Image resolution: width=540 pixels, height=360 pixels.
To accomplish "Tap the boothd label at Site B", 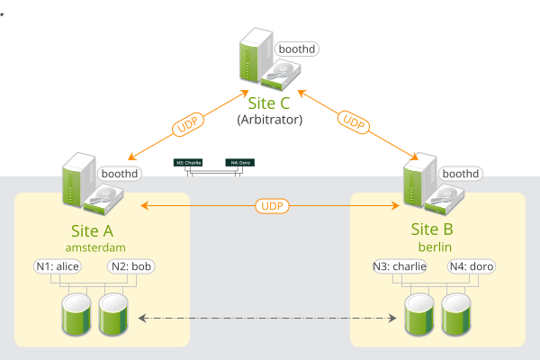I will (x=460, y=173).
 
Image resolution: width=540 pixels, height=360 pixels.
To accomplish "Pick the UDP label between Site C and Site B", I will (x=353, y=120).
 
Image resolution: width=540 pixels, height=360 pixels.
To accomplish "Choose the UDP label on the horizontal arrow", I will (x=271, y=206).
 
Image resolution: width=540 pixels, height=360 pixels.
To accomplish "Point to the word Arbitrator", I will (x=270, y=119).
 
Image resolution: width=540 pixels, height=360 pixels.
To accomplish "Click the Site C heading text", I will (x=270, y=103).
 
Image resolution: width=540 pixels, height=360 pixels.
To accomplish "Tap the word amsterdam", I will (x=94, y=246).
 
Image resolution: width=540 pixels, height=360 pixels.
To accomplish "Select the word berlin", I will (x=438, y=246).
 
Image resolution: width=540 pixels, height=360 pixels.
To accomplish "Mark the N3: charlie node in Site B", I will (x=400, y=266).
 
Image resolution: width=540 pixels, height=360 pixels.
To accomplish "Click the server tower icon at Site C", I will (x=255, y=56).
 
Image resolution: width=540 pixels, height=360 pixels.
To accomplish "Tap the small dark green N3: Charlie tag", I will (x=189, y=163).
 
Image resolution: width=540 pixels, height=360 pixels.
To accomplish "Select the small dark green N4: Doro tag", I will (x=240, y=163).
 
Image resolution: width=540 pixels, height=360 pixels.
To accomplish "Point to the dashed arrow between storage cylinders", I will (x=270, y=318).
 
